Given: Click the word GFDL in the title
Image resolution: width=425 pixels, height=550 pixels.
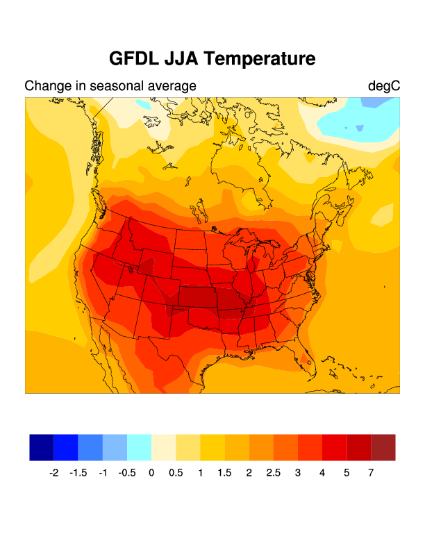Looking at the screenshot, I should click(134, 59).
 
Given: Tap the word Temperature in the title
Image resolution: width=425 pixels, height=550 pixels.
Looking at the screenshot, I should click(261, 59).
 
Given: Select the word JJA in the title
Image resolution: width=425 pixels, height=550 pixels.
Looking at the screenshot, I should click(183, 59).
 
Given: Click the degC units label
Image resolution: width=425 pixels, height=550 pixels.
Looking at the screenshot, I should click(384, 86).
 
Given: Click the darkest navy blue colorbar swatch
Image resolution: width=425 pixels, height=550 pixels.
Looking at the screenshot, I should click(42, 447).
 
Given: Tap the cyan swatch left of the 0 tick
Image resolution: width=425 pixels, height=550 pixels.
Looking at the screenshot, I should click(140, 447).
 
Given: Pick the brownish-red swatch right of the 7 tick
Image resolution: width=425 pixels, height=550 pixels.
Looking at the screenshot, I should click(383, 447).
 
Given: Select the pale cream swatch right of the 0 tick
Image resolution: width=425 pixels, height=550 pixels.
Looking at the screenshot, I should click(164, 447).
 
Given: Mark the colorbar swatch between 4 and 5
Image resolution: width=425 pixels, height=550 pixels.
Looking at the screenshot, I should click(335, 447).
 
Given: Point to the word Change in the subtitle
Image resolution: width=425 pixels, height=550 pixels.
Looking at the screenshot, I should click(47, 86).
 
